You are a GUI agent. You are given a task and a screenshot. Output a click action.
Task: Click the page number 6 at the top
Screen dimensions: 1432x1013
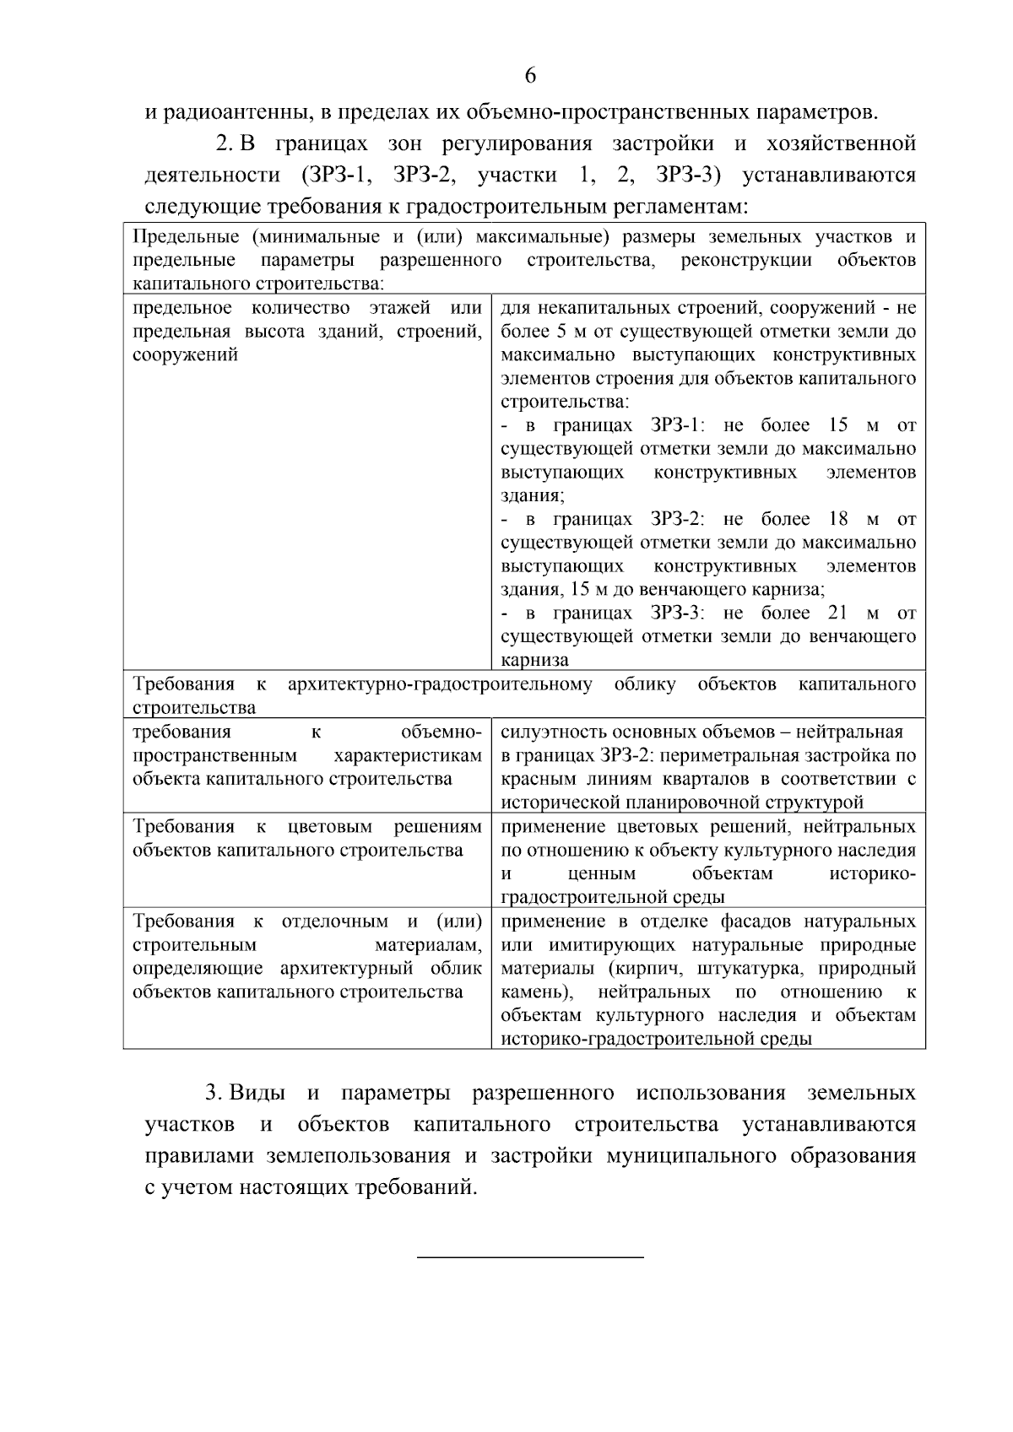point(530,76)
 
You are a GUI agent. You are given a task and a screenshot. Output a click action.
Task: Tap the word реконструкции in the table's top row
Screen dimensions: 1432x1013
point(746,260)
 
